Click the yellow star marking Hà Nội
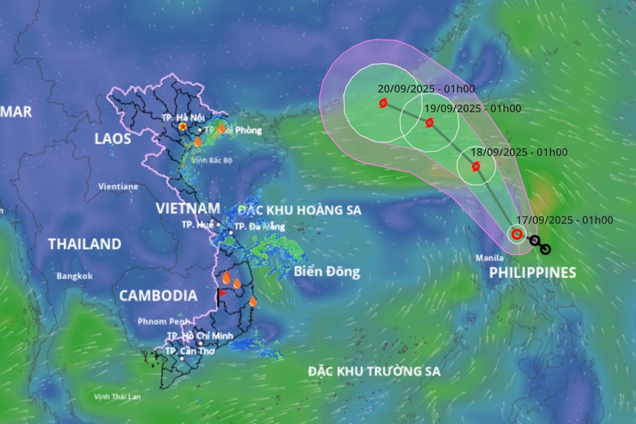182,127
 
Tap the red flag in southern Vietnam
221,296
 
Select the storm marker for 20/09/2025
383,104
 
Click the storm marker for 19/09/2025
430,123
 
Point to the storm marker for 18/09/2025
476,166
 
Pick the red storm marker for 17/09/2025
516,234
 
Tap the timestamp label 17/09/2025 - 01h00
565,219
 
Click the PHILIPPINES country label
532,272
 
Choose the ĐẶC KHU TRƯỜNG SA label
374,372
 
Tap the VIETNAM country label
188,208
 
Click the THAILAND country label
85,244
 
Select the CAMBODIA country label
158,296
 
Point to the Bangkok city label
74,276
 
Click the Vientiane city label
118,186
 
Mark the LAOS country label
113,138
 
